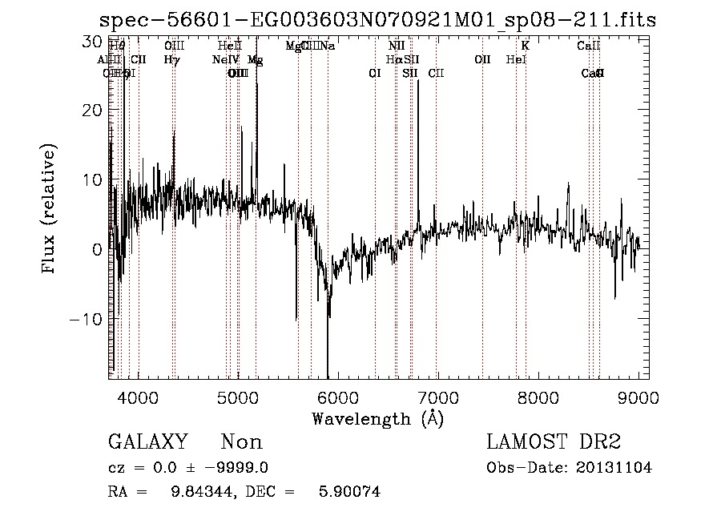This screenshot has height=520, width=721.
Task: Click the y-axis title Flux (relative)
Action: tap(50, 210)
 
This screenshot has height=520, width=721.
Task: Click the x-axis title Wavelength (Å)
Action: tap(377, 418)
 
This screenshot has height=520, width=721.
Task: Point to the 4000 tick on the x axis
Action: tap(139, 397)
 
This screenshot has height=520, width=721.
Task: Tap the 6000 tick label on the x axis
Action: tap(337, 397)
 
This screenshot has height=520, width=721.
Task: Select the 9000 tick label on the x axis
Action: tap(638, 397)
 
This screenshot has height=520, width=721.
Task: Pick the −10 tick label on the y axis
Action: tap(86, 319)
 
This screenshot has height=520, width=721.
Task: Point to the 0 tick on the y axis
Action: tap(96, 249)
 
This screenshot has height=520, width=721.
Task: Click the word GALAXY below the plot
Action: tap(147, 442)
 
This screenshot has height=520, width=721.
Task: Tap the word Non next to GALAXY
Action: tap(241, 442)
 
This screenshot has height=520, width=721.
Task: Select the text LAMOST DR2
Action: tap(554, 442)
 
